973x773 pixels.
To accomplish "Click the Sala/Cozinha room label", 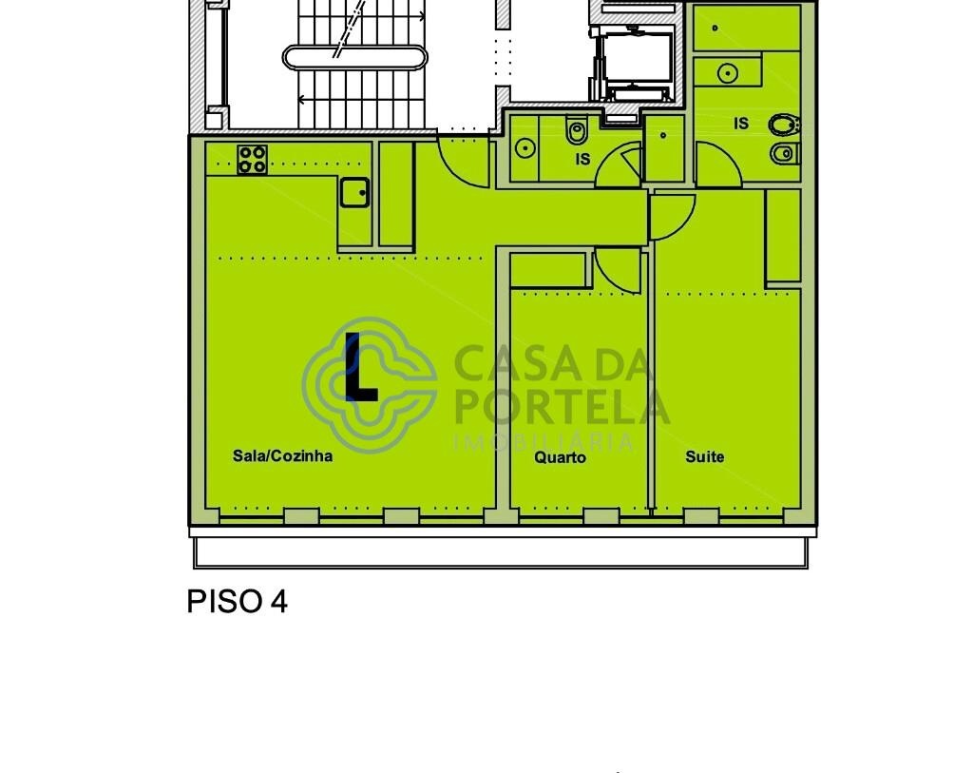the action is [x=282, y=455].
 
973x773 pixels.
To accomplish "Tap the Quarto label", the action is [x=560, y=457].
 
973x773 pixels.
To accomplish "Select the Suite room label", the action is [x=704, y=457].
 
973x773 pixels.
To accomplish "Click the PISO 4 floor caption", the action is [x=237, y=601].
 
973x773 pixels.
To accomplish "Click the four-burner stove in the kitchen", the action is [x=252, y=160].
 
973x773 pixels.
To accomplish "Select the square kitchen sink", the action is [x=354, y=192].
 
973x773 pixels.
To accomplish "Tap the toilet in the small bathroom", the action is [x=576, y=130].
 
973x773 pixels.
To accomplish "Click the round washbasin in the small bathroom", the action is [x=525, y=148].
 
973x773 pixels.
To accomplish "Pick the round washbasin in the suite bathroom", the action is [x=727, y=73].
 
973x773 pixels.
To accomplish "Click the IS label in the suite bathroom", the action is [x=741, y=124].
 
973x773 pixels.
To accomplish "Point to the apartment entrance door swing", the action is [x=464, y=163].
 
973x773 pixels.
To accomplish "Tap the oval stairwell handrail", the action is [x=354, y=58].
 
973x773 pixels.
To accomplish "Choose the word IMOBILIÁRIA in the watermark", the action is [x=544, y=442].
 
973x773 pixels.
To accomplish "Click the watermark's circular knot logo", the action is [x=370, y=385].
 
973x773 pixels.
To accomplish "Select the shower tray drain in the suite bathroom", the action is [x=715, y=28].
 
